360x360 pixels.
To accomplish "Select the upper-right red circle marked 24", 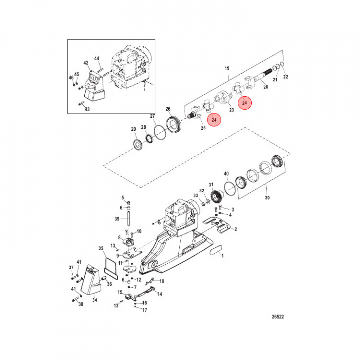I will pos(244,102).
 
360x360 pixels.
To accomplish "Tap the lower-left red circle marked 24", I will pos(213,120).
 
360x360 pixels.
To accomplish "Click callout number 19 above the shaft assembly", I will pos(227,68).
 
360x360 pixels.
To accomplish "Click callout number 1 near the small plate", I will pos(223,255).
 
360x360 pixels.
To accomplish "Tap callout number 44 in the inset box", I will pos(97,58).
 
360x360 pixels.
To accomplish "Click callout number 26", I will pos(168,109).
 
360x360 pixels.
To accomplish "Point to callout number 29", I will pos(133,130).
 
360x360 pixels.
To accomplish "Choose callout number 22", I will pos(286,77).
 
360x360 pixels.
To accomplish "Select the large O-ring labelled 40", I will pos(230,189).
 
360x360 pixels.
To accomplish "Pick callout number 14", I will pos(160,295).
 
